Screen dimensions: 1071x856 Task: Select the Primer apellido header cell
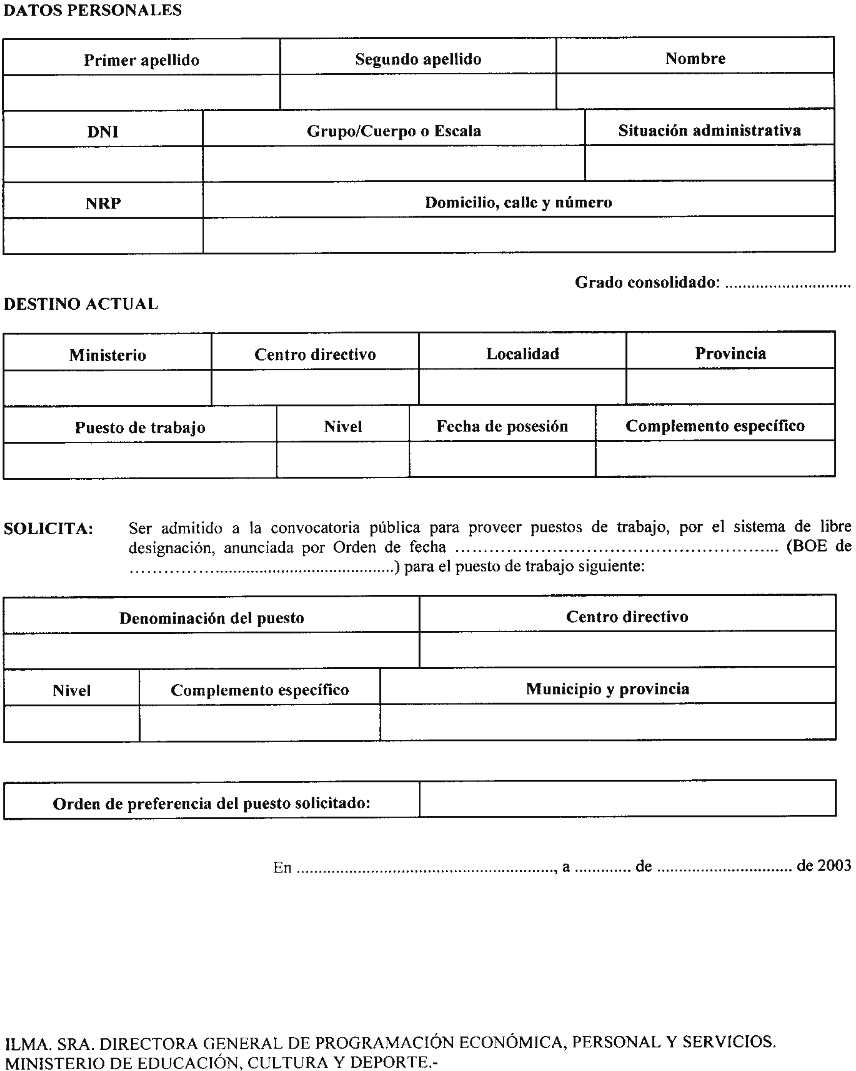coord(142,60)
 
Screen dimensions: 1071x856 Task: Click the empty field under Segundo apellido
coord(418,92)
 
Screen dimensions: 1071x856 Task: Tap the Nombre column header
coord(695,58)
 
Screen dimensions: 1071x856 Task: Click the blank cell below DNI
coord(103,164)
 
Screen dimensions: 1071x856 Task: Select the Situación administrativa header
coord(709,130)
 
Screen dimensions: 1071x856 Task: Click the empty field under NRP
coord(103,236)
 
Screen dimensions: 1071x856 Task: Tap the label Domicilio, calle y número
coord(518,202)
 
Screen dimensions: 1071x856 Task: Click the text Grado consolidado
coord(647,282)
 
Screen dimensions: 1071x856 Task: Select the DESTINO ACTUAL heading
coord(81,304)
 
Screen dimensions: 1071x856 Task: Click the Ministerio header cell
coord(107,355)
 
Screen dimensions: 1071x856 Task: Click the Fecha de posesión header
coord(502,426)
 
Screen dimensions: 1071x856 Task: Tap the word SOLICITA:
coord(48,529)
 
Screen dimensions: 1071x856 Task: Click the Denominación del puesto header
coord(211,618)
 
